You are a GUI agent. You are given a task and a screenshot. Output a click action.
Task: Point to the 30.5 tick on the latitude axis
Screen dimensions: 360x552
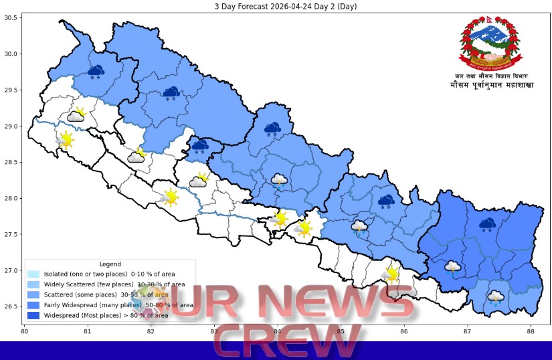(11, 17)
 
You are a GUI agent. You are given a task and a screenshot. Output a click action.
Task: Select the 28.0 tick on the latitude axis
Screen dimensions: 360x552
(11, 199)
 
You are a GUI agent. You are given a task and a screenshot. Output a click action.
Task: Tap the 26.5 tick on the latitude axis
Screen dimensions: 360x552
(11, 307)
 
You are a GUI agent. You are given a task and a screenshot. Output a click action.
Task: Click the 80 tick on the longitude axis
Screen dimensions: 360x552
(24, 331)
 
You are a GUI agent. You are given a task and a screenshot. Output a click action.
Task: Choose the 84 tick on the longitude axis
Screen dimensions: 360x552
(277, 331)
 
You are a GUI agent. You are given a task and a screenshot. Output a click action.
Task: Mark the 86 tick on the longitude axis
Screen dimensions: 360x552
(404, 331)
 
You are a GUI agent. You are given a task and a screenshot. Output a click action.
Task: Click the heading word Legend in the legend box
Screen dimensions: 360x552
(110, 264)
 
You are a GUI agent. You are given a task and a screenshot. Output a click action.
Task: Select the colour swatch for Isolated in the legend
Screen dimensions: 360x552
(33, 274)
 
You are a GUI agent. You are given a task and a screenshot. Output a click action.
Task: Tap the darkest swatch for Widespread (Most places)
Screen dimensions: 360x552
(33, 314)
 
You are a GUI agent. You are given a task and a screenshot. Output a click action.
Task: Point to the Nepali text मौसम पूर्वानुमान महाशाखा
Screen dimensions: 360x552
(492, 86)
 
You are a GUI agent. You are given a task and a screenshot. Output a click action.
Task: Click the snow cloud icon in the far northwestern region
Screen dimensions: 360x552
(96, 71)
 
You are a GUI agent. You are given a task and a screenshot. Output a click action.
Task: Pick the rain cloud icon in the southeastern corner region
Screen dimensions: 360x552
(496, 296)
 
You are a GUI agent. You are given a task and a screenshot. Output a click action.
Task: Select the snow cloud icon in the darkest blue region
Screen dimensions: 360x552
(487, 225)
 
